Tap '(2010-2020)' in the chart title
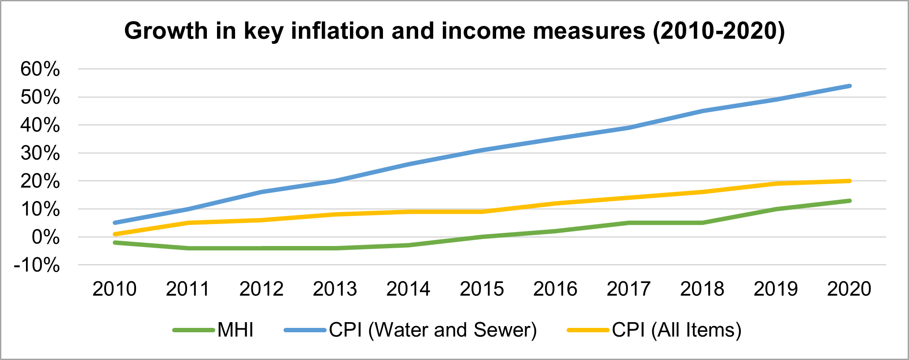click(x=719, y=31)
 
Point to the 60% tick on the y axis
click(x=40, y=69)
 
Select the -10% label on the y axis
click(x=37, y=265)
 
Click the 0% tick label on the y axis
click(x=45, y=237)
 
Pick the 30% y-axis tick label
click(x=40, y=153)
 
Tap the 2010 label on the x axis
click(x=114, y=289)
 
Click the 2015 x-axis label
click(x=482, y=289)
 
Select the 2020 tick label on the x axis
click(x=849, y=289)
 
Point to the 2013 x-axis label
click(x=335, y=289)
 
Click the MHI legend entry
click(x=235, y=330)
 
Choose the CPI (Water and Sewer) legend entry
click(x=433, y=330)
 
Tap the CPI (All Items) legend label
click(x=677, y=330)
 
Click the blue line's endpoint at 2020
click(x=849, y=86)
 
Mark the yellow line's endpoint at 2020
click(x=849, y=181)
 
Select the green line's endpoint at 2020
click(x=849, y=201)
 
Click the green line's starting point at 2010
click(x=114, y=242)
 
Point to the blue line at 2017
click(x=629, y=128)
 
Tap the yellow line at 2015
click(x=482, y=212)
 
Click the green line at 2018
click(x=702, y=223)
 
